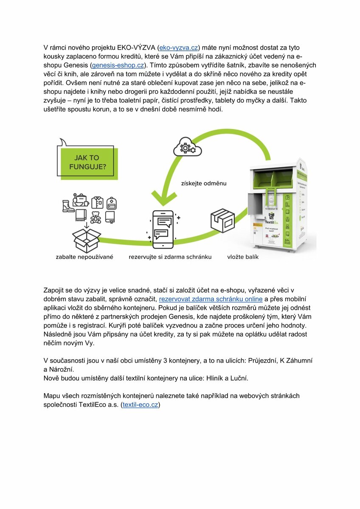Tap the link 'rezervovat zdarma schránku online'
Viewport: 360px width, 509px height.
[x=211, y=299]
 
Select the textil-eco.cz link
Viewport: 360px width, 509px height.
[x=140, y=405]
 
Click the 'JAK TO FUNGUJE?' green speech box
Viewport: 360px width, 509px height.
[x=87, y=162]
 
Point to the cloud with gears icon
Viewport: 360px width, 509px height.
[x=186, y=147]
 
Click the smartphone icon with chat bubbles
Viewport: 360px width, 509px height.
[x=163, y=229]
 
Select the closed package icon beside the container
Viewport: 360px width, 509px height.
[x=222, y=220]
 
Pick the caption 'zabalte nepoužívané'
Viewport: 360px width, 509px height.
[x=84, y=257]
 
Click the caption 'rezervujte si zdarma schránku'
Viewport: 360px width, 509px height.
[x=170, y=257]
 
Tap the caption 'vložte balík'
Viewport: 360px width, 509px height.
[x=243, y=257]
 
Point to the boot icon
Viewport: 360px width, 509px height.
[x=68, y=206]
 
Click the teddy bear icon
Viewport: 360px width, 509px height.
[x=95, y=217]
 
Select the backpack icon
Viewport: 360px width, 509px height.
[x=111, y=203]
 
